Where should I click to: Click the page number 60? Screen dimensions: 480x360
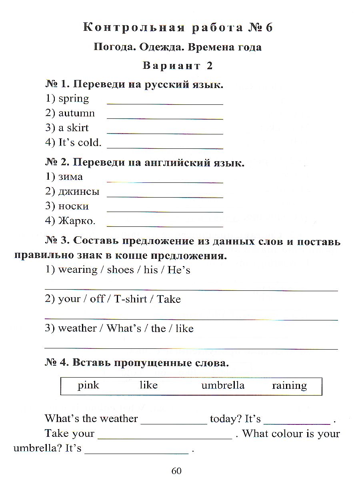coord(176,471)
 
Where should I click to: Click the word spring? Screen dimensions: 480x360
coord(74,98)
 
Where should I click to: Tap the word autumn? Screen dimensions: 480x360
coord(77,113)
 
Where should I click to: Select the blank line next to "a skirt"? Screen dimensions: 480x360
coord(165,133)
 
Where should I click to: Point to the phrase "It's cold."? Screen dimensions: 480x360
coord(80,142)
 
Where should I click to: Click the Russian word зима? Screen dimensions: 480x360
coord(71,177)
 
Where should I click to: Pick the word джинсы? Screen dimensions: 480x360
coord(79,192)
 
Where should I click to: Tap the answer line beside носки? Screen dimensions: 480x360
coord(165,211)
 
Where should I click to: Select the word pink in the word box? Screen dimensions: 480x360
coord(88,385)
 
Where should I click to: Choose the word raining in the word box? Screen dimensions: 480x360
coord(289,386)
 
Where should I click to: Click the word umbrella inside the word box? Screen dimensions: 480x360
coord(223,385)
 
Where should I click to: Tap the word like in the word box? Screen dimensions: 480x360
coord(148,385)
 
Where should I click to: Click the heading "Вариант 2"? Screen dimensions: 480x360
coord(177,66)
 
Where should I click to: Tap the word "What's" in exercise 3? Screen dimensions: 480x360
coord(124,328)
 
